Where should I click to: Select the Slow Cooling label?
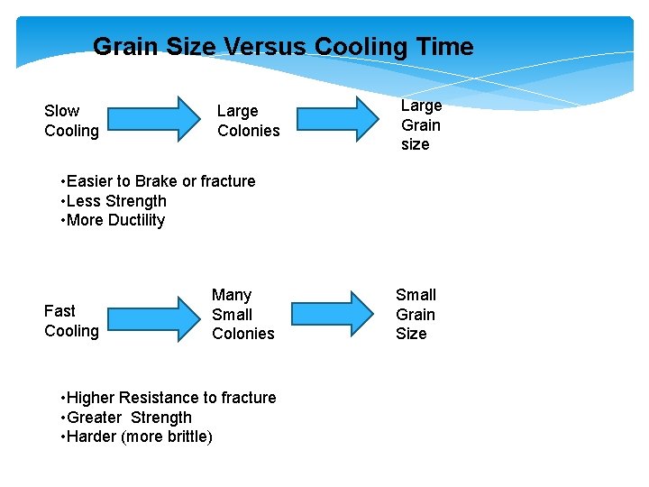pyautogui.click(x=71, y=121)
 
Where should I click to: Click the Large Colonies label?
pyautogui.click(x=248, y=121)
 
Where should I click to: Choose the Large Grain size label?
pyautogui.click(x=421, y=124)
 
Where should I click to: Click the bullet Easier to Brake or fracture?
pyautogui.click(x=158, y=181)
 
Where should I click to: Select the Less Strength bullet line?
pyautogui.click(x=114, y=201)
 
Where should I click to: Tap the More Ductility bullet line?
pyautogui.click(x=113, y=220)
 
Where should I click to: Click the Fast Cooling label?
pyautogui.click(x=71, y=321)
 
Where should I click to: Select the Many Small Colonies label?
pyautogui.click(x=242, y=314)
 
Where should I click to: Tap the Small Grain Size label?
pyautogui.click(x=416, y=314)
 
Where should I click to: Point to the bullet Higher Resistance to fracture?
pyautogui.click(x=168, y=398)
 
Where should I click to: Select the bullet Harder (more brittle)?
pyautogui.click(x=136, y=437)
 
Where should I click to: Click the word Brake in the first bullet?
pyautogui.click(x=155, y=181)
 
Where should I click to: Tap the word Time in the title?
pyautogui.click(x=442, y=47)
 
